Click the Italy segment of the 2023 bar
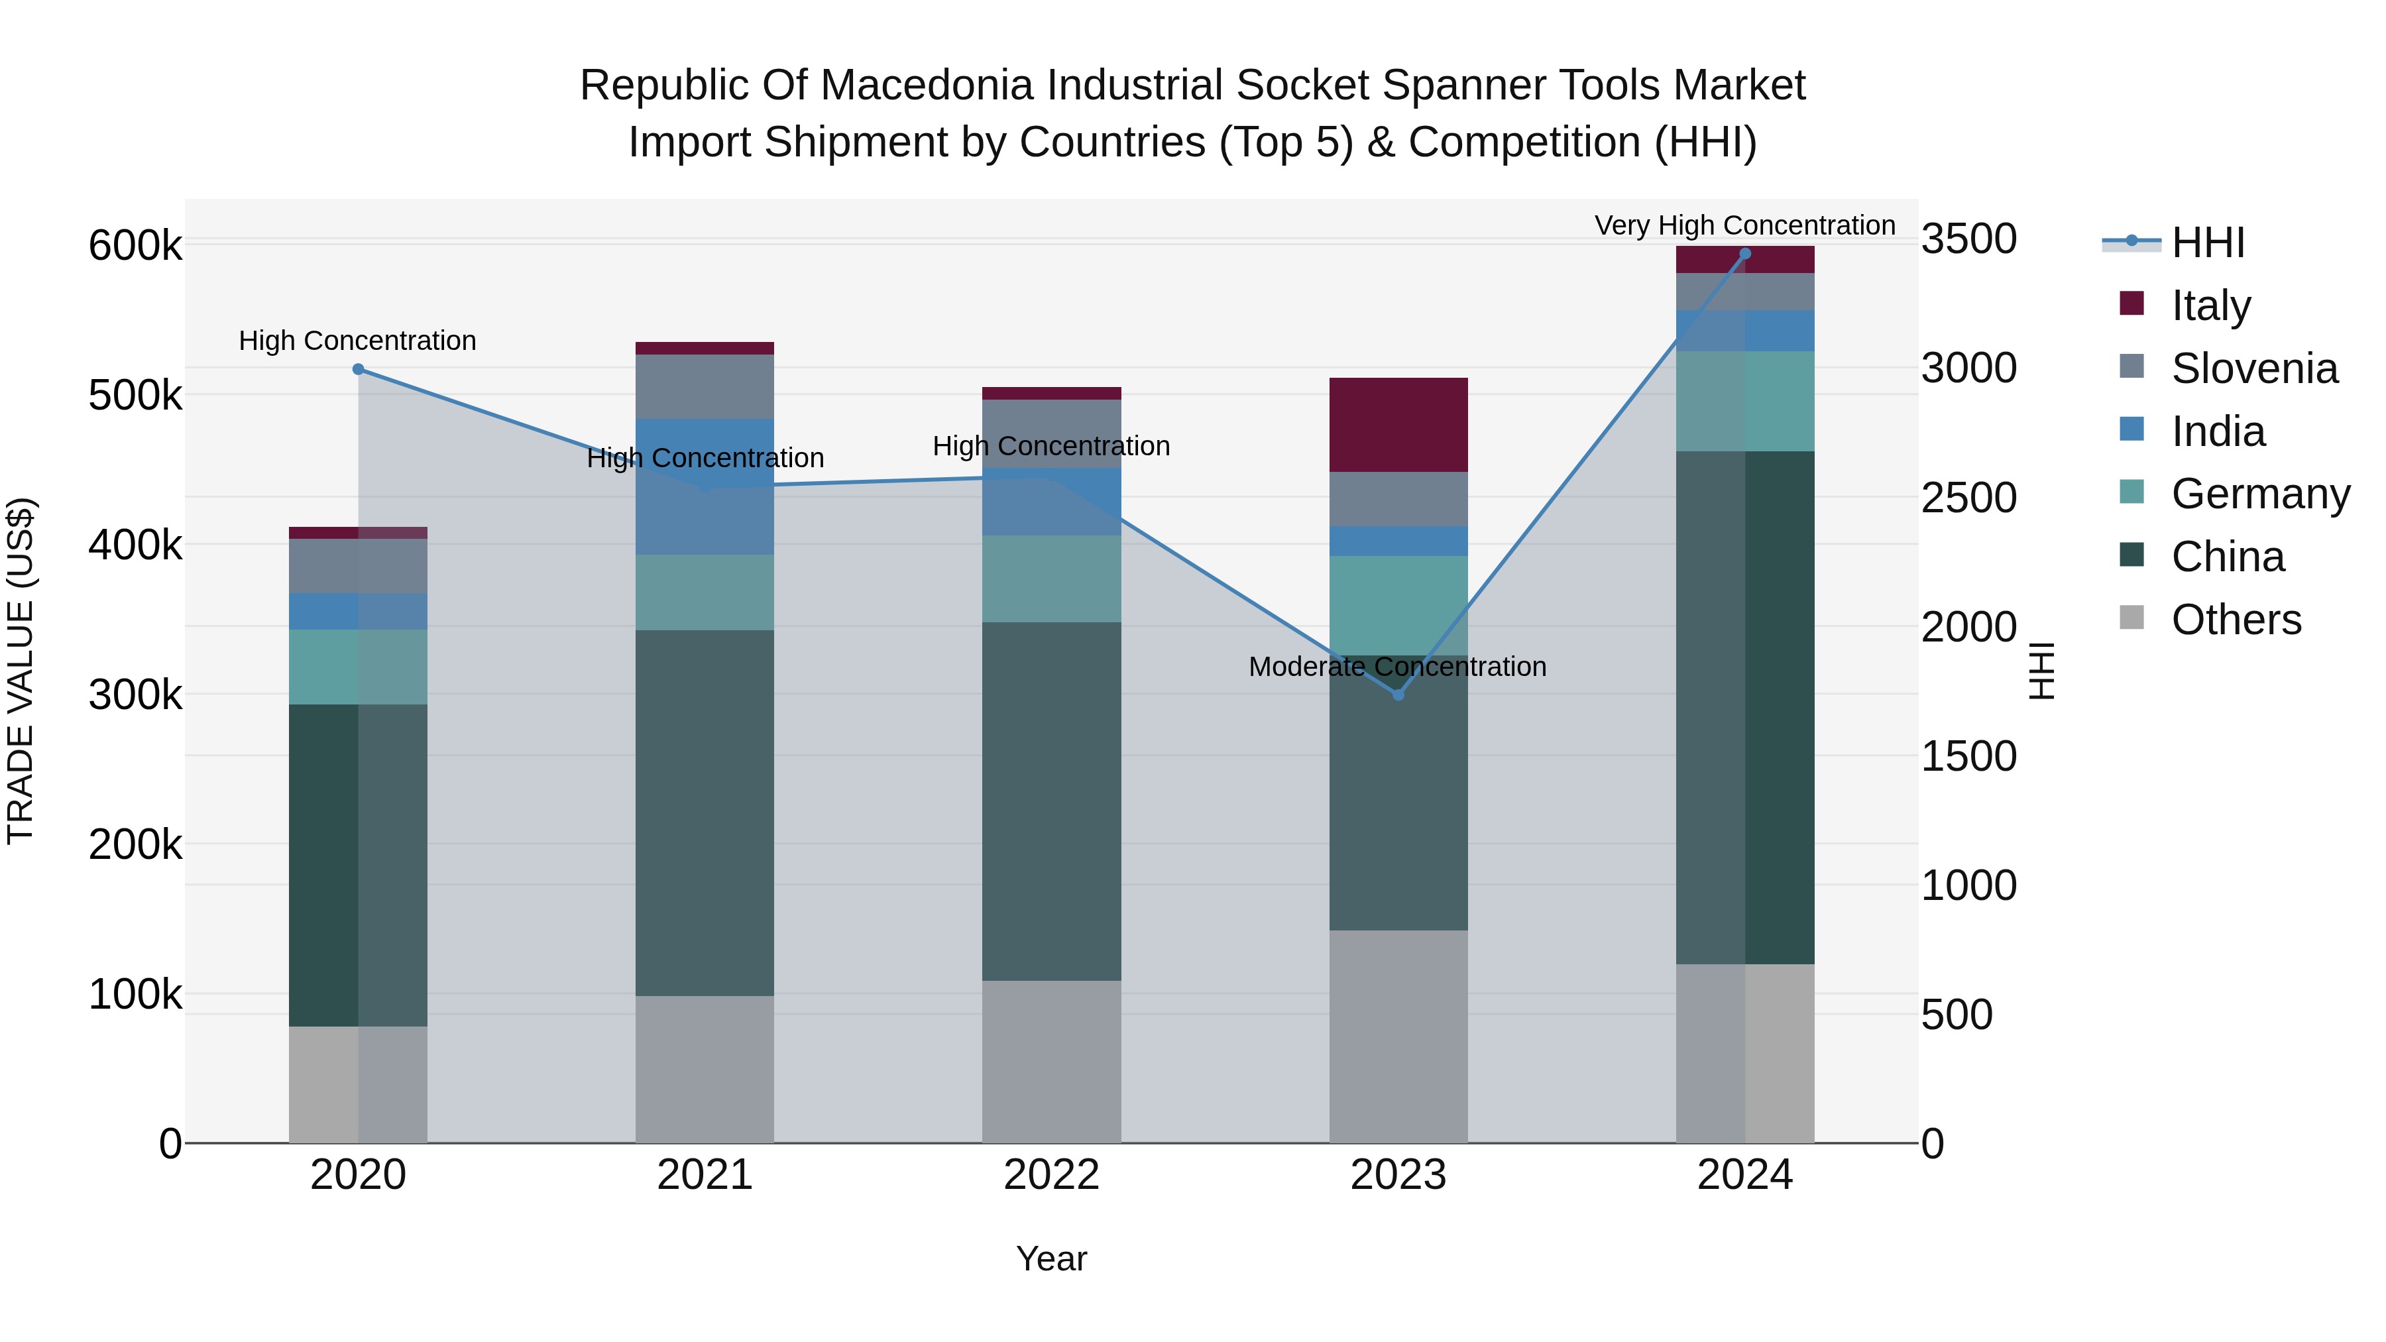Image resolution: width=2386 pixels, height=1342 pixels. (1398, 424)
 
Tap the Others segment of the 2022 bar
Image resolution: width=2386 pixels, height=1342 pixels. (1051, 1062)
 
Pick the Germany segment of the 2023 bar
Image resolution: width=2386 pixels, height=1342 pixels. (1398, 606)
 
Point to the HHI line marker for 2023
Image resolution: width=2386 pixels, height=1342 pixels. (1398, 695)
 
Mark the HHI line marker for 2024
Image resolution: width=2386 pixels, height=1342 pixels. (1745, 254)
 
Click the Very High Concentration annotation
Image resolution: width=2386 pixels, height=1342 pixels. (1744, 226)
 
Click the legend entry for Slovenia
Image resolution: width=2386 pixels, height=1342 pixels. (2253, 368)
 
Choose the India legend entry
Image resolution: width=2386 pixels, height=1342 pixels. (2218, 431)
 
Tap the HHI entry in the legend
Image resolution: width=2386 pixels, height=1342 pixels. (2207, 243)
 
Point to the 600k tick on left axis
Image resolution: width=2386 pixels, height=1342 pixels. (135, 247)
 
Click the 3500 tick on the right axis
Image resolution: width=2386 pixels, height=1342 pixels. (1969, 239)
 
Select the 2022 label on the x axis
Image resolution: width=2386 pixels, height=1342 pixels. (1051, 1175)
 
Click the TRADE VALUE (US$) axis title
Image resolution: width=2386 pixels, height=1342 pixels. (21, 671)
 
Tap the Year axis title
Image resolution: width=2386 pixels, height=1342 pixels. (1051, 1258)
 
